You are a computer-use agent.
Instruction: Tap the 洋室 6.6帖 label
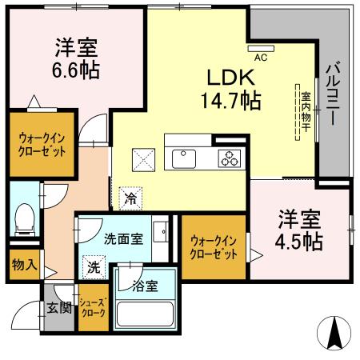coord(77,58)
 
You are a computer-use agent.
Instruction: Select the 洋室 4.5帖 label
coord(300,230)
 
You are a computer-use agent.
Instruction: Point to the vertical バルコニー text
coord(332,97)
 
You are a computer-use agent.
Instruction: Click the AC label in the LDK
coord(260,58)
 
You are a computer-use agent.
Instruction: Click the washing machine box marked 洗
coord(94,267)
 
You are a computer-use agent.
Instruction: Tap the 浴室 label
coord(145,285)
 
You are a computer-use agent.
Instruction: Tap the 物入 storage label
coord(22,265)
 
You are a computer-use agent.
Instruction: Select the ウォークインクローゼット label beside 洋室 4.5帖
coord(213,246)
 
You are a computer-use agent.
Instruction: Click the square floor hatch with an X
coord(145,159)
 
